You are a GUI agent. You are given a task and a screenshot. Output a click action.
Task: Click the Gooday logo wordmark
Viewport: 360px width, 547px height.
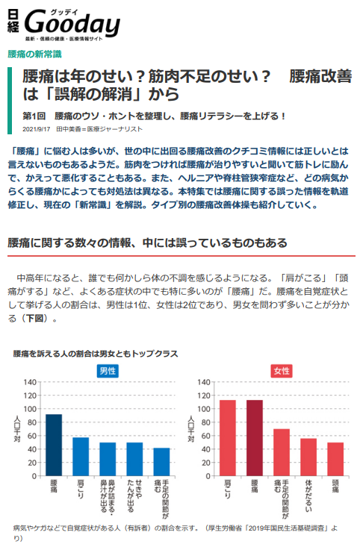pyautogui.click(x=72, y=23)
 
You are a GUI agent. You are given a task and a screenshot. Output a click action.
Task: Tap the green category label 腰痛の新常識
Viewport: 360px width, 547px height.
pyautogui.click(x=34, y=54)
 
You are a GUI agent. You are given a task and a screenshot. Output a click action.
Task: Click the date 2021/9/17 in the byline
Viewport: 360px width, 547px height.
pyautogui.click(x=37, y=129)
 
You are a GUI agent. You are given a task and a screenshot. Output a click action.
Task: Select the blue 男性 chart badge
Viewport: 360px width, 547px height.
pyautogui.click(x=108, y=371)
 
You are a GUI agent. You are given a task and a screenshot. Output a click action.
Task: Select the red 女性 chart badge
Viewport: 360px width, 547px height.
pyautogui.click(x=282, y=371)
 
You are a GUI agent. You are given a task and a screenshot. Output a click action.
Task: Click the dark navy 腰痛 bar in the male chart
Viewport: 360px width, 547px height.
pyautogui.click(x=54, y=445)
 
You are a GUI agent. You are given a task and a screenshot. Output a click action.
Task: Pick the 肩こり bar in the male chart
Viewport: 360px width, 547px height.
pyautogui.click(x=81, y=457)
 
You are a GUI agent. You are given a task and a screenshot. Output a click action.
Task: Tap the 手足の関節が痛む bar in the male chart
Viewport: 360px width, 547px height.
pyautogui.click(x=161, y=462)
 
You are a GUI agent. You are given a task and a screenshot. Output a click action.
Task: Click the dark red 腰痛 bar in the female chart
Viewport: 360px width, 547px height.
pyautogui.click(x=255, y=438)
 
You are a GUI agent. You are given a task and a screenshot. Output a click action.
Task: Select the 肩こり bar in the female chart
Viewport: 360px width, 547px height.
pyautogui.click(x=228, y=438)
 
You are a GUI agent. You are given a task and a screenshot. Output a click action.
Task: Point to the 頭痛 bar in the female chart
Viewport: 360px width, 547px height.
pyautogui.click(x=335, y=459)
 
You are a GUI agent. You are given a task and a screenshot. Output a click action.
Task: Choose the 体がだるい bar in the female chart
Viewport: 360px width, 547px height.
pyautogui.click(x=308, y=457)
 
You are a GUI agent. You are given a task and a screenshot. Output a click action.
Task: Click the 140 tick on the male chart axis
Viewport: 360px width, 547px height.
pyautogui.click(x=30, y=382)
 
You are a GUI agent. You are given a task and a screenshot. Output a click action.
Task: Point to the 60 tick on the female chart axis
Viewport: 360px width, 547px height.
pyautogui.click(x=207, y=436)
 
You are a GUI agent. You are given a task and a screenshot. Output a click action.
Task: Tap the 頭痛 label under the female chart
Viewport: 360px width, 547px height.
pyautogui.click(x=335, y=486)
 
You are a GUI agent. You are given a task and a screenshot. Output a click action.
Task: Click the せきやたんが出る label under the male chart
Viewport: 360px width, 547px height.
pyautogui.click(x=134, y=496)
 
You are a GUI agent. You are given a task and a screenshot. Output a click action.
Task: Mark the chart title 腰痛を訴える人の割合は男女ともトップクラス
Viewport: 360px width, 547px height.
pyautogui.click(x=96, y=354)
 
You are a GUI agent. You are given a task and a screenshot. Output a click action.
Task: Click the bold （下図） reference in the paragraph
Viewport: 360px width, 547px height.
pyautogui.click(x=34, y=318)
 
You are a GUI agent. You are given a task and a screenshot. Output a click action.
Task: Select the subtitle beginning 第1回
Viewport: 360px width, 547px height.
pyautogui.click(x=154, y=116)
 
